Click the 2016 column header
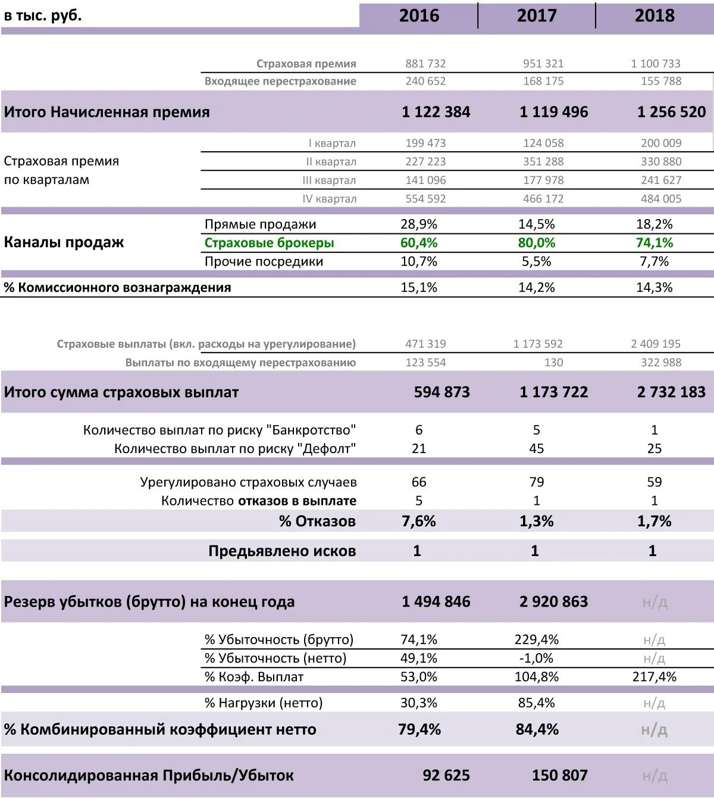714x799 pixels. pos(419,15)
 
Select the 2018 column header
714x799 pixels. pos(654,15)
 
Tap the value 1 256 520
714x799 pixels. pos(671,112)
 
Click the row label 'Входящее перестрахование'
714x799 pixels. pos(280,81)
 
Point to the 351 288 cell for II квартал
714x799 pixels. pos(543,161)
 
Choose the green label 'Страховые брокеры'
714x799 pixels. pos(269,243)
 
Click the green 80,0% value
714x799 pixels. pos(537,243)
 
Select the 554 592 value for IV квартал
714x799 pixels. pos(425,199)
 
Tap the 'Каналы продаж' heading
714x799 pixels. pos(64,242)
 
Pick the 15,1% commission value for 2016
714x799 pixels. pos(419,288)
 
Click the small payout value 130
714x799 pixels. pos(553,363)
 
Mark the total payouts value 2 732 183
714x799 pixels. pos(671,392)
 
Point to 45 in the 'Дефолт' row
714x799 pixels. pos(537,449)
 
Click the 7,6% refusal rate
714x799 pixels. pos(419,522)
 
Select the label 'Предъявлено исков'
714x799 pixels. pos(282,551)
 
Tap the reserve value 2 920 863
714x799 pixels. pos(553,602)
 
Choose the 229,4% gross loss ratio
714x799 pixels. pos(537,640)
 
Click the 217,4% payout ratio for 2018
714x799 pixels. pos(654,677)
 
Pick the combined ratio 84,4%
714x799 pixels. pos(537,729)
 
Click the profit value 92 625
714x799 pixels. pos(446,776)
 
